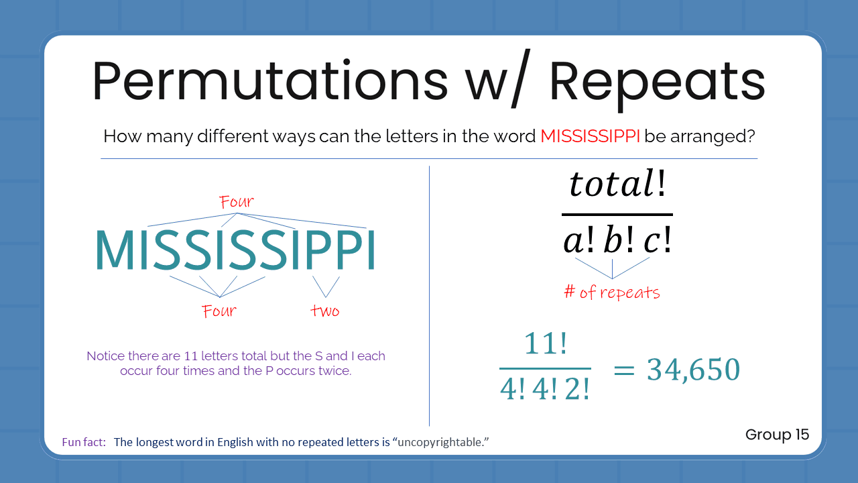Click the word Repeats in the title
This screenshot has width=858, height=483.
coord(657,81)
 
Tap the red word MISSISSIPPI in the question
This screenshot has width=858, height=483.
coord(590,137)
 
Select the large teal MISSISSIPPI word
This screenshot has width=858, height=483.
coord(235,251)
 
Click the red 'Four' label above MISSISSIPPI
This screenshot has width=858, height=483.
coord(237,201)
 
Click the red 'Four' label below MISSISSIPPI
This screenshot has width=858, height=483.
coord(219,311)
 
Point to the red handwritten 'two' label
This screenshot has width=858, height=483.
coord(325,311)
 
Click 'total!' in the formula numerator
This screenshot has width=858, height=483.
coord(617,183)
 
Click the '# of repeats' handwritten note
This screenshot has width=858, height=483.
coord(612,292)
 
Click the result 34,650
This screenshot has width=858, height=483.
coord(693,370)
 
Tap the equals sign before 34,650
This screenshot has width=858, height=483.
coord(623,370)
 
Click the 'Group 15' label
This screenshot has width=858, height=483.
coord(777,434)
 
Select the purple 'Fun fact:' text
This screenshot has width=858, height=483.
coord(84,442)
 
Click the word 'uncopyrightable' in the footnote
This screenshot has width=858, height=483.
coord(446,443)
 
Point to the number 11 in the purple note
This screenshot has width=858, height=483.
coord(190,356)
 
